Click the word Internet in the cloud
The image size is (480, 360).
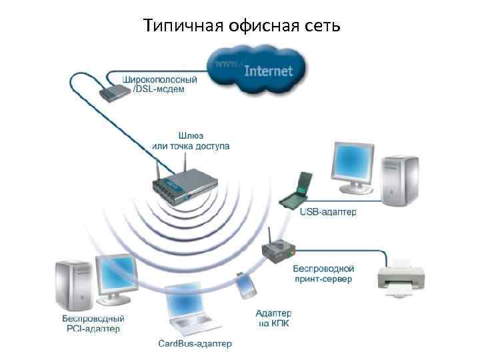click(x=269, y=70)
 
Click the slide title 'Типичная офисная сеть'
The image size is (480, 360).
click(x=242, y=26)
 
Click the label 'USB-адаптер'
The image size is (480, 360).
click(x=328, y=212)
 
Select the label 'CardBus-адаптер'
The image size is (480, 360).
click(x=195, y=343)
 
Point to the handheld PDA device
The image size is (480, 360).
click(x=246, y=285)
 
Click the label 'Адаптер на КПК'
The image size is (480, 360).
click(x=273, y=317)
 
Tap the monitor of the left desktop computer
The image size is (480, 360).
click(x=117, y=275)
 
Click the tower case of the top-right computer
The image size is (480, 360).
click(x=400, y=178)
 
